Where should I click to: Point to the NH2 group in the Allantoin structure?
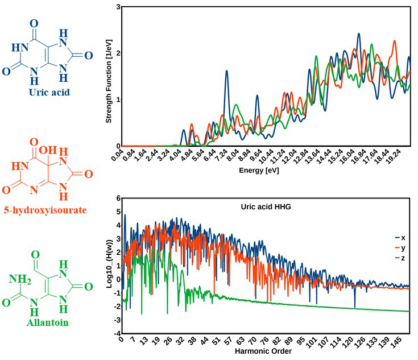click(19, 278)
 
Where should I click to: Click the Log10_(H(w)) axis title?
click(110, 266)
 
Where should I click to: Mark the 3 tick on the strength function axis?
click(117, 7)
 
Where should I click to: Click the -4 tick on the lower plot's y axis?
click(117, 333)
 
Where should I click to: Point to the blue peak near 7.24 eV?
click(226, 72)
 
